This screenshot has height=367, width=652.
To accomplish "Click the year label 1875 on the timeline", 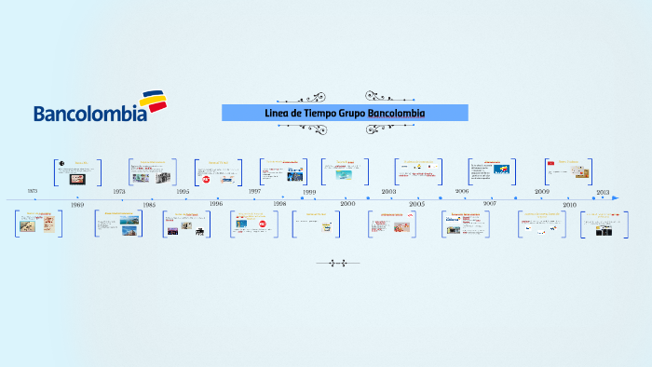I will click(33, 190).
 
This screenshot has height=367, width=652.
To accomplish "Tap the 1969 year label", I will click(76, 204).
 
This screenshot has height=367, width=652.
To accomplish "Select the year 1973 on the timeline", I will click(119, 191).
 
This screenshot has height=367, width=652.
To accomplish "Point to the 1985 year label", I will click(149, 204).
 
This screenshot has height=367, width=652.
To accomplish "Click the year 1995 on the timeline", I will click(183, 191).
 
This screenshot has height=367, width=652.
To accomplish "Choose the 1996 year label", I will click(216, 203).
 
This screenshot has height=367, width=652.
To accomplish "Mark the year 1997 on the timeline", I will click(254, 191).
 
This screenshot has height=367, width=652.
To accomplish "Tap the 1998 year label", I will click(279, 203).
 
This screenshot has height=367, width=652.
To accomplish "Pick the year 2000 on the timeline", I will click(347, 203).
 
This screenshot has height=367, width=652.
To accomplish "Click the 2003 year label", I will click(388, 191).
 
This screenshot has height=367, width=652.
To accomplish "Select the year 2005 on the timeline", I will click(416, 203).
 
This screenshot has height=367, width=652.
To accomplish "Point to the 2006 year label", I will click(462, 191).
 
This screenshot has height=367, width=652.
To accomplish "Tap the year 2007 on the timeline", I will click(490, 203).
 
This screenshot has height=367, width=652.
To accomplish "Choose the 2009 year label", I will click(542, 191).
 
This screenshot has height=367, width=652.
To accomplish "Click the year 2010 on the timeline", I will click(569, 203).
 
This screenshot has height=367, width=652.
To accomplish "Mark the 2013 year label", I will click(603, 191).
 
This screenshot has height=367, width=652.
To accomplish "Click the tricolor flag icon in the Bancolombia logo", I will click(154, 101).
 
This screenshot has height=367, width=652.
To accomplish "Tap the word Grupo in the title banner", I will click(359, 113).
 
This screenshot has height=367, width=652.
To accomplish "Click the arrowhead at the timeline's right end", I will click(615, 197).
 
